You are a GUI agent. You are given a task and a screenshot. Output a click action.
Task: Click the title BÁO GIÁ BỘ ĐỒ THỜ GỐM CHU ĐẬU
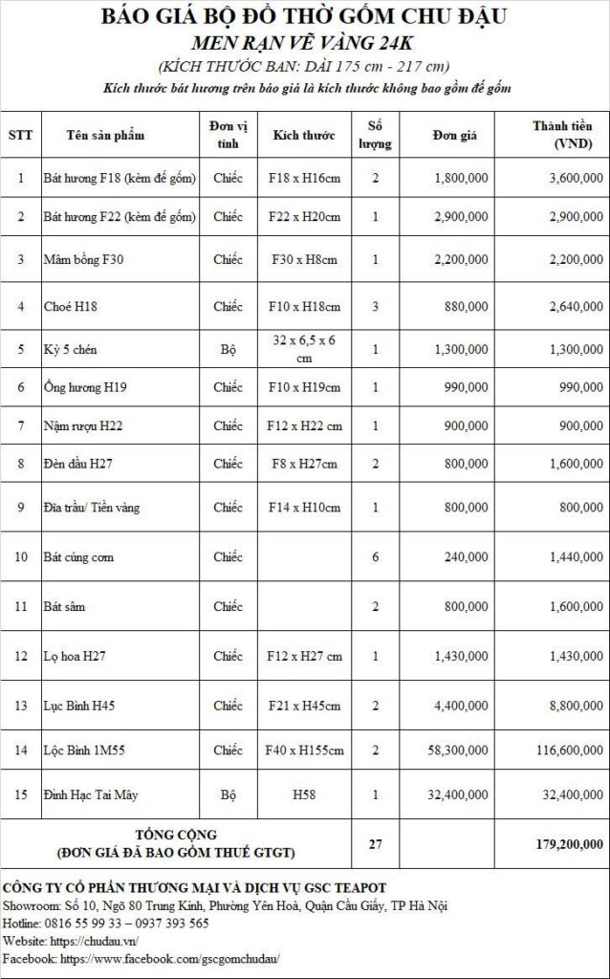pos(305,18)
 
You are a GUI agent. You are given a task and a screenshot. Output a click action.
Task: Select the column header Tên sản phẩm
pos(105,135)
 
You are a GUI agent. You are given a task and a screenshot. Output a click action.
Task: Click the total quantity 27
pos(375,843)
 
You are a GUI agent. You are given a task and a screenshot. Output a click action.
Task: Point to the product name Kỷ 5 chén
pos(73,349)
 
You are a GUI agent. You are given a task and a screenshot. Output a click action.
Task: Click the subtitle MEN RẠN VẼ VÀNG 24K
pos(305,43)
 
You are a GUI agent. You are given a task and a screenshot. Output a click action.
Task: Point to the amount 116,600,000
pos(565,751)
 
